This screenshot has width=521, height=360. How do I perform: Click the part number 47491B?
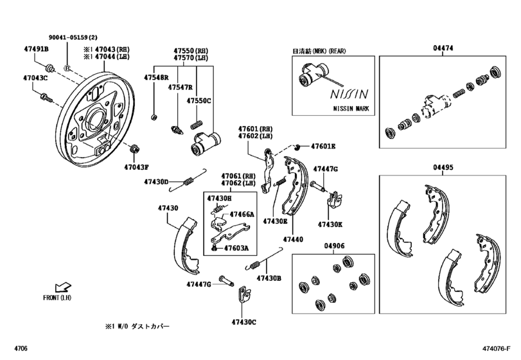[36, 50]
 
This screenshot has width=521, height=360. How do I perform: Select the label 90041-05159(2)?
[73, 37]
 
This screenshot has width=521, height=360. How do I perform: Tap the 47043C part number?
[35, 78]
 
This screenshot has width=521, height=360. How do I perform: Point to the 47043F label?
[136, 167]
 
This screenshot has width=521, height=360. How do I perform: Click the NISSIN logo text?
[349, 94]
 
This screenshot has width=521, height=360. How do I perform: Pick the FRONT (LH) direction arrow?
[63, 287]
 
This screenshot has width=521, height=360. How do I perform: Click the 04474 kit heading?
[443, 48]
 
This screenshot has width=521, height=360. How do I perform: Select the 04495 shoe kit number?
[443, 167]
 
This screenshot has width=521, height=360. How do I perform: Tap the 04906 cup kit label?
[334, 246]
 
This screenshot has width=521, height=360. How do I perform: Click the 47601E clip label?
[323, 147]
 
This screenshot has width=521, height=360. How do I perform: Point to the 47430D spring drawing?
[188, 181]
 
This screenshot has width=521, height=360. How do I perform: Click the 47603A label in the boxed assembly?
[236, 248]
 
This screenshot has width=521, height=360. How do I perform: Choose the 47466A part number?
[242, 215]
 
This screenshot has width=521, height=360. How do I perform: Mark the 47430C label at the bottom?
[244, 322]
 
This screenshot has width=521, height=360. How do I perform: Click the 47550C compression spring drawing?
[196, 125]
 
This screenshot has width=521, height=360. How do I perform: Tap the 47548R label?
[156, 77]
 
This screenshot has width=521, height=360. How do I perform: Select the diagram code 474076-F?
[497, 348]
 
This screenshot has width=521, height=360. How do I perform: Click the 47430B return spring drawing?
[264, 259]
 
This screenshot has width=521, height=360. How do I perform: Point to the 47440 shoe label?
[293, 239]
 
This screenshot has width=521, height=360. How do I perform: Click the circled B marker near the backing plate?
[67, 69]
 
